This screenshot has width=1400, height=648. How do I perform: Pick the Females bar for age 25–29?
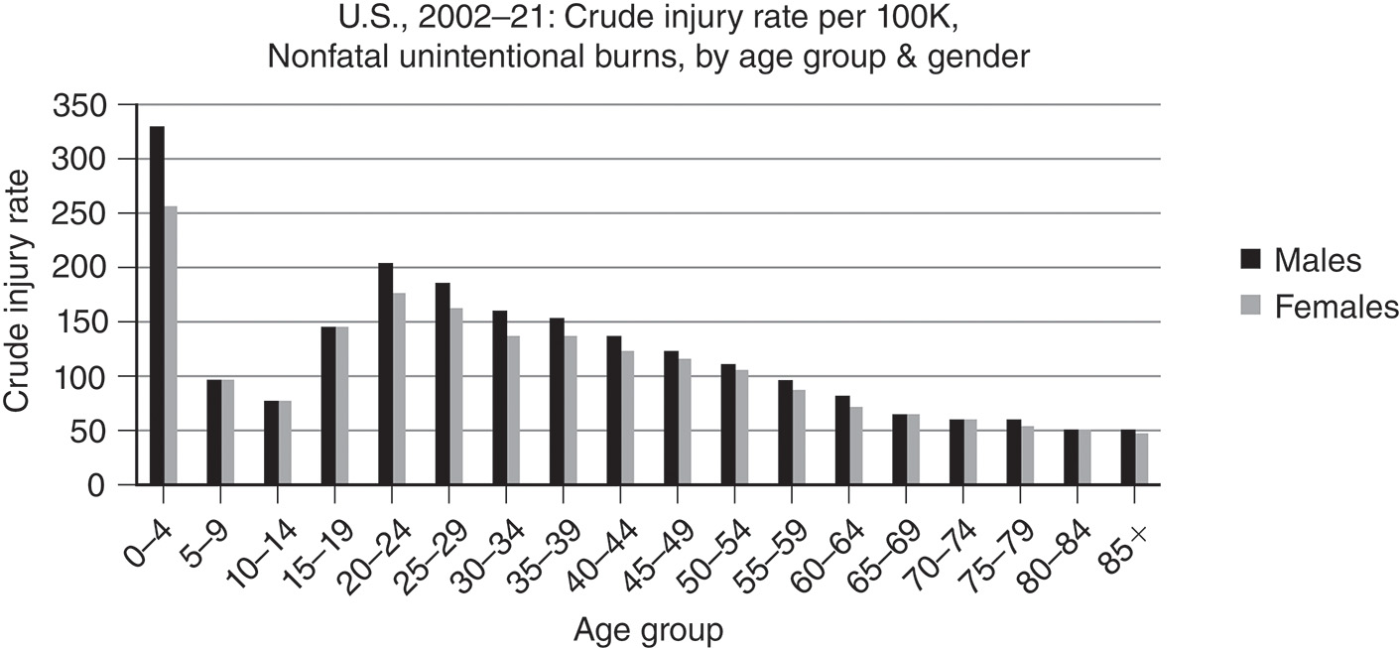pos(455,397)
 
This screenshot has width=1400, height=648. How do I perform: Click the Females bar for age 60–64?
pos(855,446)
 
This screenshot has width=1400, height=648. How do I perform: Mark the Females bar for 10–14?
pos(285,443)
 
